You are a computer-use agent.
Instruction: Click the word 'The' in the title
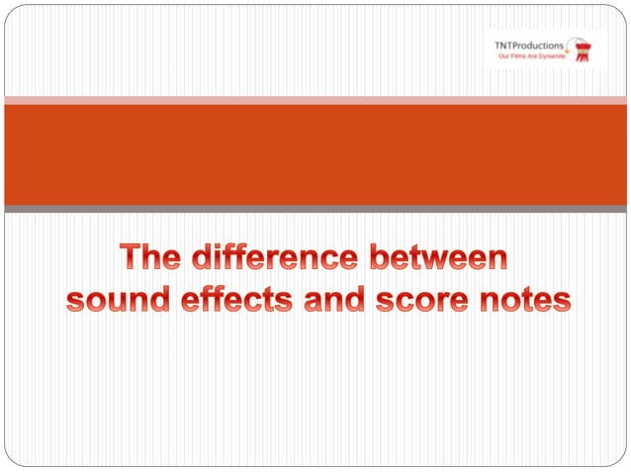coord(152,259)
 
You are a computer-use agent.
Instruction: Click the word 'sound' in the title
coord(114,300)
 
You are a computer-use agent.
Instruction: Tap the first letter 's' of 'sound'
coord(76,301)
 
